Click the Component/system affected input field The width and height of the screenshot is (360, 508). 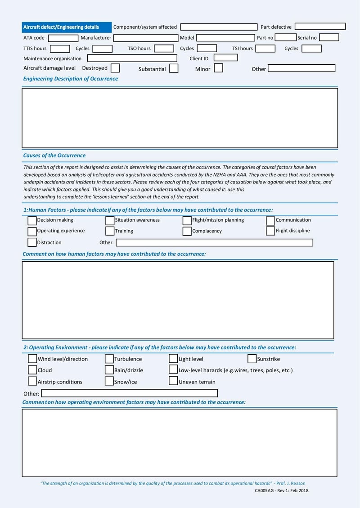pyautogui.click(x=217, y=27)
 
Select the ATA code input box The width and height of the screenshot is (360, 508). pyautogui.click(x=63, y=38)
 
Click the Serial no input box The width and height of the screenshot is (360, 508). pyautogui.click(x=329, y=38)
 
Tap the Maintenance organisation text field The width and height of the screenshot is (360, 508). pyautogui.click(x=132, y=58)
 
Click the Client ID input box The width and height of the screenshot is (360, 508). pyautogui.click(x=225, y=58)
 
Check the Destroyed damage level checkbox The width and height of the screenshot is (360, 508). pyautogui.click(x=115, y=68)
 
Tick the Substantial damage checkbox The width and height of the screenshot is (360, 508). pyautogui.click(x=174, y=69)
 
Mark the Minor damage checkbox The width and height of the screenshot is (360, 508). pyautogui.click(x=218, y=68)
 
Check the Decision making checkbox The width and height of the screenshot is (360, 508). pyautogui.click(x=32, y=220)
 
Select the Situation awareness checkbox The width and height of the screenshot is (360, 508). pyautogui.click(x=110, y=220)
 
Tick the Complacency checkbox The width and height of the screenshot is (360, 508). pyautogui.click(x=187, y=231)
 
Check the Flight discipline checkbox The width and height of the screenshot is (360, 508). pyautogui.click(x=270, y=231)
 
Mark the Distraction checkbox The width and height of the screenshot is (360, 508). pyautogui.click(x=32, y=242)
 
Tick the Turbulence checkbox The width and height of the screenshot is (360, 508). pyautogui.click(x=109, y=359)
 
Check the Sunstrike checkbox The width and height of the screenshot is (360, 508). pyautogui.click(x=252, y=359)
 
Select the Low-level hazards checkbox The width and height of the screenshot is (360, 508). pyautogui.click(x=173, y=370)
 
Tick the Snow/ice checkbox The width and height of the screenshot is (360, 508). pyautogui.click(x=109, y=381)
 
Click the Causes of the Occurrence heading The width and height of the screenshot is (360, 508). pyautogui.click(x=54, y=156)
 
